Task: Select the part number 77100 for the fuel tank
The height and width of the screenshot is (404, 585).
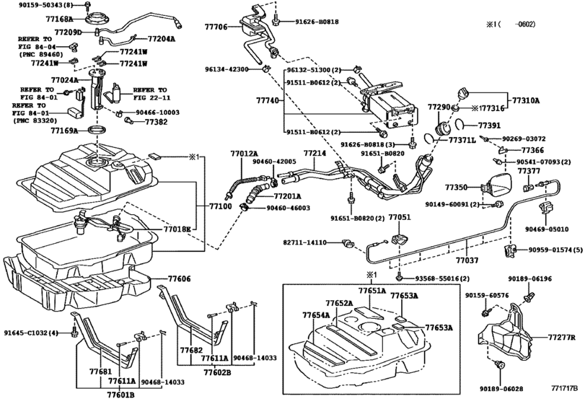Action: tap(221, 206)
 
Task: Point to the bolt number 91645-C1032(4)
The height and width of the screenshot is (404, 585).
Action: tap(33, 333)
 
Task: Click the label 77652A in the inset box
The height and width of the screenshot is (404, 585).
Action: tap(339, 303)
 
